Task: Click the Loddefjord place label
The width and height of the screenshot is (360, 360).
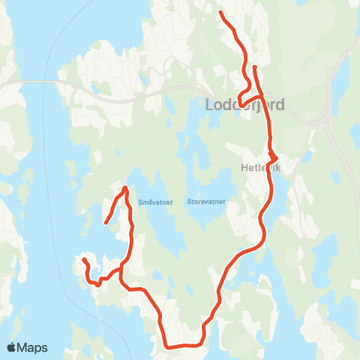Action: (x=245, y=105)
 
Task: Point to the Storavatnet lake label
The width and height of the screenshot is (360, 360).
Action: (x=208, y=202)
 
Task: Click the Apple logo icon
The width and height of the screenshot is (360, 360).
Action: (x=12, y=347)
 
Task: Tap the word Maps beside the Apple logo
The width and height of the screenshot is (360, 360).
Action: (x=33, y=347)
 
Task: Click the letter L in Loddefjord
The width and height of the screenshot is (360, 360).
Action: (x=211, y=105)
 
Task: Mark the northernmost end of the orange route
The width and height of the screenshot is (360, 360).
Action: (x=220, y=13)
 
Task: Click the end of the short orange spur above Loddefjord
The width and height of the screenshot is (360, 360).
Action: (x=255, y=67)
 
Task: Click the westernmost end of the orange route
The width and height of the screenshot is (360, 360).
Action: (x=84, y=260)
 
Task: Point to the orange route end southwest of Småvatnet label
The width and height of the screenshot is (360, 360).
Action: (x=106, y=222)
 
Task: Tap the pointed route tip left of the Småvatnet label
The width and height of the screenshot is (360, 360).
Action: (x=124, y=187)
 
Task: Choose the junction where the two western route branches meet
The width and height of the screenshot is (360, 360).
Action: (x=121, y=267)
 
